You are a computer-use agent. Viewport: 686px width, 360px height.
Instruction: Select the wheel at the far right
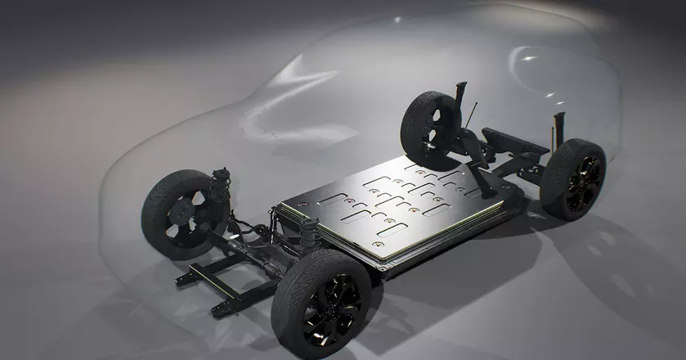pos(575,178)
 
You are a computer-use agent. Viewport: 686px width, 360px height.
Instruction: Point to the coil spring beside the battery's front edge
pos(309,234)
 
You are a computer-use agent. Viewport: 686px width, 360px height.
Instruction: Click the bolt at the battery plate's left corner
pos(287,205)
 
